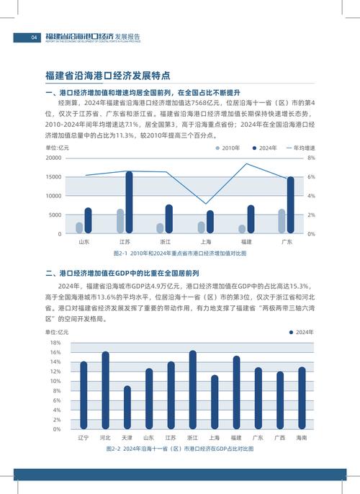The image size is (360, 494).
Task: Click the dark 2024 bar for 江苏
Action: tap(129, 202)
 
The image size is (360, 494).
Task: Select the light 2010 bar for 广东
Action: tap(282, 221)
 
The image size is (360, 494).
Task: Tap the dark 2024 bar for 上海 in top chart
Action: tap(210, 222)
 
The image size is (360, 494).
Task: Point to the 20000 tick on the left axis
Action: tap(53, 158)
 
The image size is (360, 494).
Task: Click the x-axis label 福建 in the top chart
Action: tap(246, 243)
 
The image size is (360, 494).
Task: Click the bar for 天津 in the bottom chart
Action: tap(127, 408)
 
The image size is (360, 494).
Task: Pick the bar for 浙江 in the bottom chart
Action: tap(192, 390)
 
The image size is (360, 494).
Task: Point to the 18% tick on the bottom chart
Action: tap(55, 343)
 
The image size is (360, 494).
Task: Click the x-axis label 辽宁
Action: tap(84, 437)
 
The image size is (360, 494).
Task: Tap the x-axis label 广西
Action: tap(280, 437)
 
